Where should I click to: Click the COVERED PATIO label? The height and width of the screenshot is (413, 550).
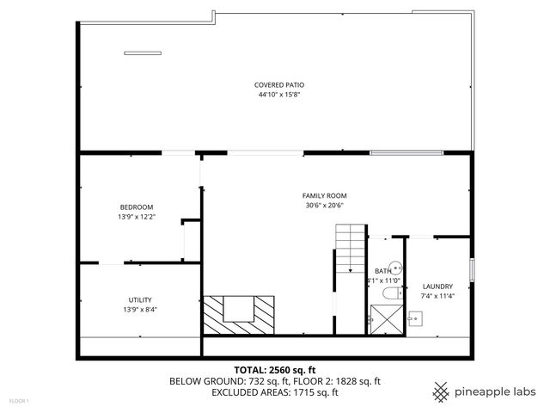279,84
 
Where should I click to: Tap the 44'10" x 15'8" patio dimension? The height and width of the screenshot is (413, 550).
279,95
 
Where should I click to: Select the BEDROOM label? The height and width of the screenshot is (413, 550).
136,206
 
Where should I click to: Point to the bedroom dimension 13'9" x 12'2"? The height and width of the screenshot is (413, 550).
136,217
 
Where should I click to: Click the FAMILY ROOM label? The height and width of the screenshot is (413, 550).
324,195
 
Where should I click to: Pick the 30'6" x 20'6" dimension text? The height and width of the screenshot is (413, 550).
324,206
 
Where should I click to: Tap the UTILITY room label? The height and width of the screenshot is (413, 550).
140,299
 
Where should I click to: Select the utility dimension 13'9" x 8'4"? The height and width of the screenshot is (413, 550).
140,310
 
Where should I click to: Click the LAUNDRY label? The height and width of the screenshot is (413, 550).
437,287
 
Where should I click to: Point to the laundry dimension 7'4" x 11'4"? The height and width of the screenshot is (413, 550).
437,297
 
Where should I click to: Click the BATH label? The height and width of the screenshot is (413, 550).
382,271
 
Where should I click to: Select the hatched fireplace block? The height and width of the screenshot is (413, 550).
239,314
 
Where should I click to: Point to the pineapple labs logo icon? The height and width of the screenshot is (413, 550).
440,391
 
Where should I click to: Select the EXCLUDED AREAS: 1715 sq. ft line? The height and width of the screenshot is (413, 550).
275,391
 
